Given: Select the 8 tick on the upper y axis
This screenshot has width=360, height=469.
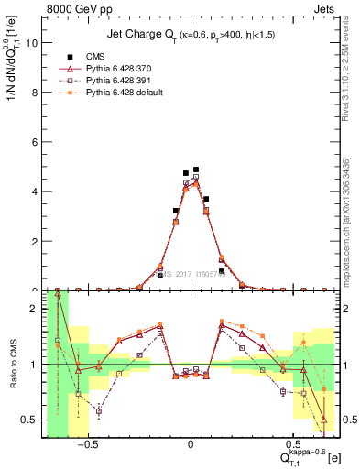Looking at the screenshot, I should [x=35, y=92].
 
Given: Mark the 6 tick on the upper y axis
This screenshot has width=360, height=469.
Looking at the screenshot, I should [x=35, y=142].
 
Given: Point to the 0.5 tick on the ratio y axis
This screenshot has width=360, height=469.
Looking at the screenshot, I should [x=31, y=420].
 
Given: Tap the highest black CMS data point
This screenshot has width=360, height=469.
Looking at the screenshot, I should [x=196, y=169].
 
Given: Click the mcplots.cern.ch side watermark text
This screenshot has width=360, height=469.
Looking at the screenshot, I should [x=353, y=211].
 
